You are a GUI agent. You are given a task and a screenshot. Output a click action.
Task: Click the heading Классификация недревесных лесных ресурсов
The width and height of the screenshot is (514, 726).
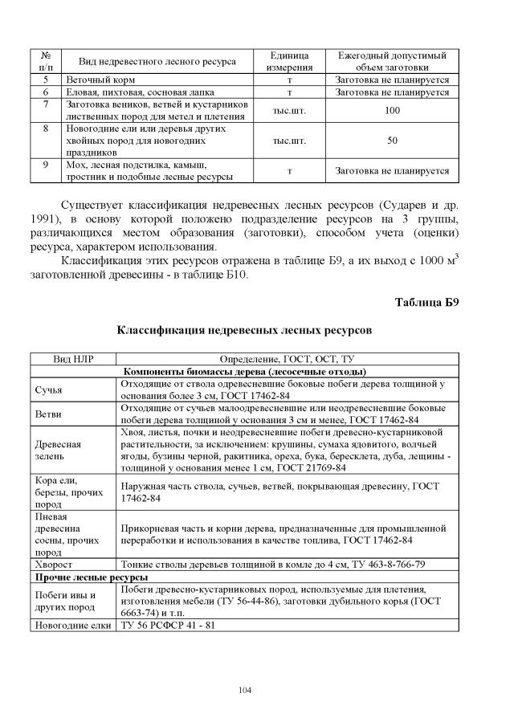[245, 330]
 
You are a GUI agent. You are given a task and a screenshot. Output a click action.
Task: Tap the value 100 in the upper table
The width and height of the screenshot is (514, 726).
[392, 111]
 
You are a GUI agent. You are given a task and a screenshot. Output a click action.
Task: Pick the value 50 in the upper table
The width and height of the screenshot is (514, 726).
[392, 140]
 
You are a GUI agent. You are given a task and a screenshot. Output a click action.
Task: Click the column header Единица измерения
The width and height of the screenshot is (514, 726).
[289, 60]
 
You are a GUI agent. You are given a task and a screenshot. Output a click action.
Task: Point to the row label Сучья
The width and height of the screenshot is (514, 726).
[48, 390]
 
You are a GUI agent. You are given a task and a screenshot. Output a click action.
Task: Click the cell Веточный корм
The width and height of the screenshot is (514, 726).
[101, 81]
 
